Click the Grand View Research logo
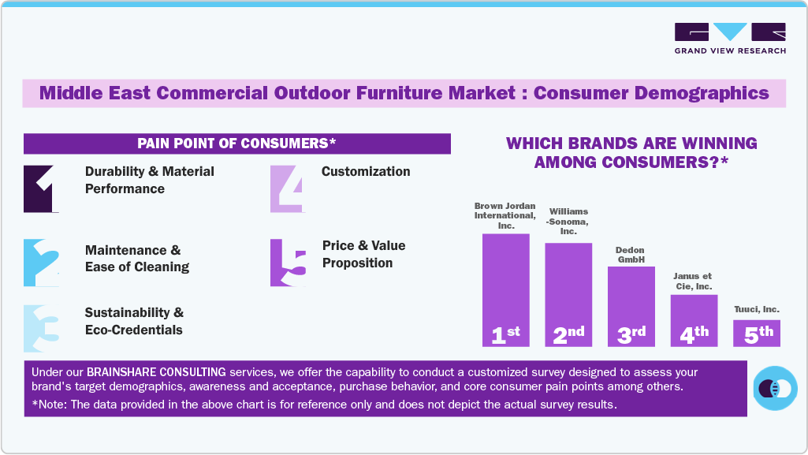click(x=730, y=38)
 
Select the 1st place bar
click(x=505, y=290)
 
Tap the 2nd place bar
click(x=568, y=295)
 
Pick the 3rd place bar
click(x=631, y=307)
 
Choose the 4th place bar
click(x=694, y=321)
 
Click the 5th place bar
click(x=757, y=333)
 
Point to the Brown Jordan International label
click(x=505, y=215)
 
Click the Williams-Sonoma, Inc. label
click(x=568, y=221)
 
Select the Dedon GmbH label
click(x=631, y=254)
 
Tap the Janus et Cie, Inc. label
click(x=693, y=281)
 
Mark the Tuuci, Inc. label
click(x=756, y=309)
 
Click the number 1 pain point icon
click(x=41, y=189)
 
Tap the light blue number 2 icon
click(x=41, y=263)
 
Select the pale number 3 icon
click(x=41, y=328)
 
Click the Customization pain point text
click(x=366, y=171)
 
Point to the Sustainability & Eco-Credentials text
click(x=134, y=322)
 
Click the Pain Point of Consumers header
click(x=236, y=144)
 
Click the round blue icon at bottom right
click(x=776, y=388)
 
